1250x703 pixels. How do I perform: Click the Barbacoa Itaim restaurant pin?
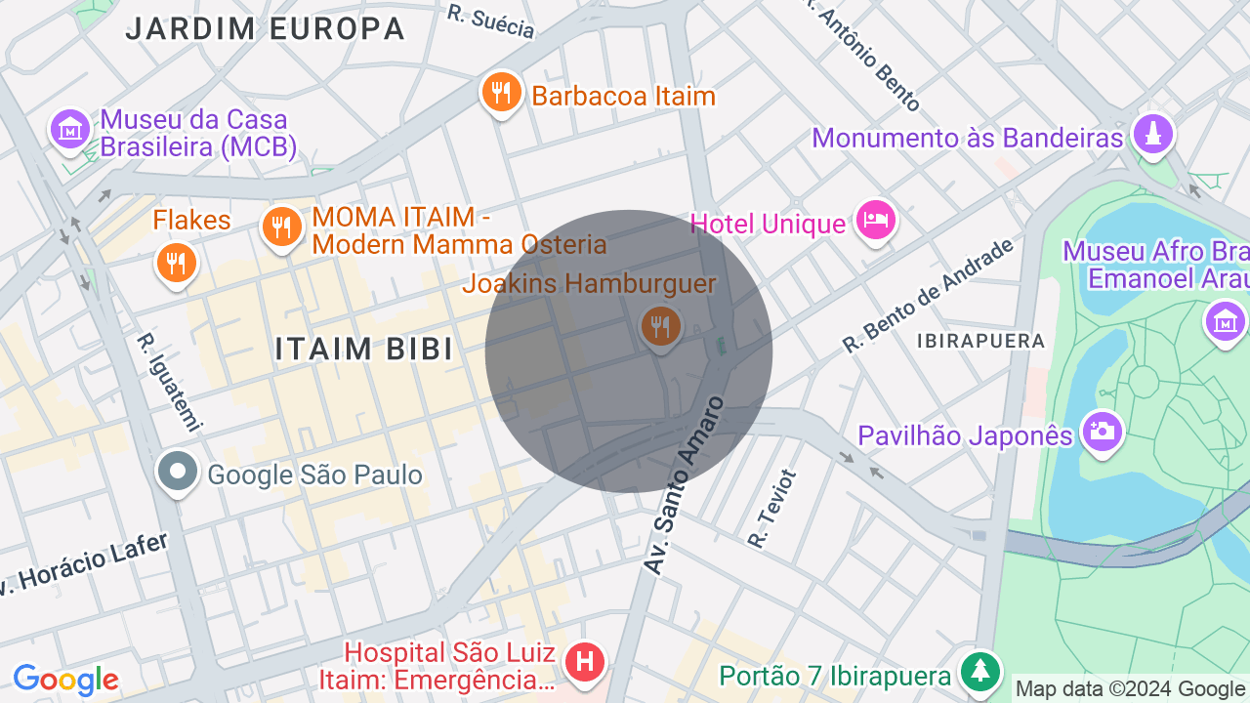click(x=501, y=94)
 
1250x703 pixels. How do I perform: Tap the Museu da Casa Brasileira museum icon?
click(x=70, y=128)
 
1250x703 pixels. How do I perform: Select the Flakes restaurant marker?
click(x=176, y=263)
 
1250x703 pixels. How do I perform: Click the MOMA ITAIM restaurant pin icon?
click(x=281, y=227)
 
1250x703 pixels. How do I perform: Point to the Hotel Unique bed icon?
click(x=875, y=221)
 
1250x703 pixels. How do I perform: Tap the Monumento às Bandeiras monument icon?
click(x=1153, y=134)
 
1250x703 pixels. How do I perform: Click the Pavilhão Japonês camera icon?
click(x=1103, y=431)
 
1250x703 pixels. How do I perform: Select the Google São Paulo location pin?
click(x=178, y=473)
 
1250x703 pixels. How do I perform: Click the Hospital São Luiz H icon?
click(x=585, y=662)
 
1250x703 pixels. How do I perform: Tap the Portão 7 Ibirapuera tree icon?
click(x=979, y=672)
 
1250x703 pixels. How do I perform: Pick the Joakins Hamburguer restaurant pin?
click(x=661, y=326)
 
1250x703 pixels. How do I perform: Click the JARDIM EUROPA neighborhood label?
click(x=266, y=29)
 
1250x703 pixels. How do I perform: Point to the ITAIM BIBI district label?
click(x=364, y=349)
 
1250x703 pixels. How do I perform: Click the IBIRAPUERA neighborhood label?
click(x=980, y=341)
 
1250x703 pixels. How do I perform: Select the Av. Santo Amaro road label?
click(x=684, y=484)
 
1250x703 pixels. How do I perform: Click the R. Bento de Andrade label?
click(x=929, y=295)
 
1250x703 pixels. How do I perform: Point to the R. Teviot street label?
click(x=771, y=508)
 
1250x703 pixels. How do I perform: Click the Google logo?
click(x=65, y=680)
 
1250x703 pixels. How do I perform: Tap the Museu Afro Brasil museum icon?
click(x=1225, y=321)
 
